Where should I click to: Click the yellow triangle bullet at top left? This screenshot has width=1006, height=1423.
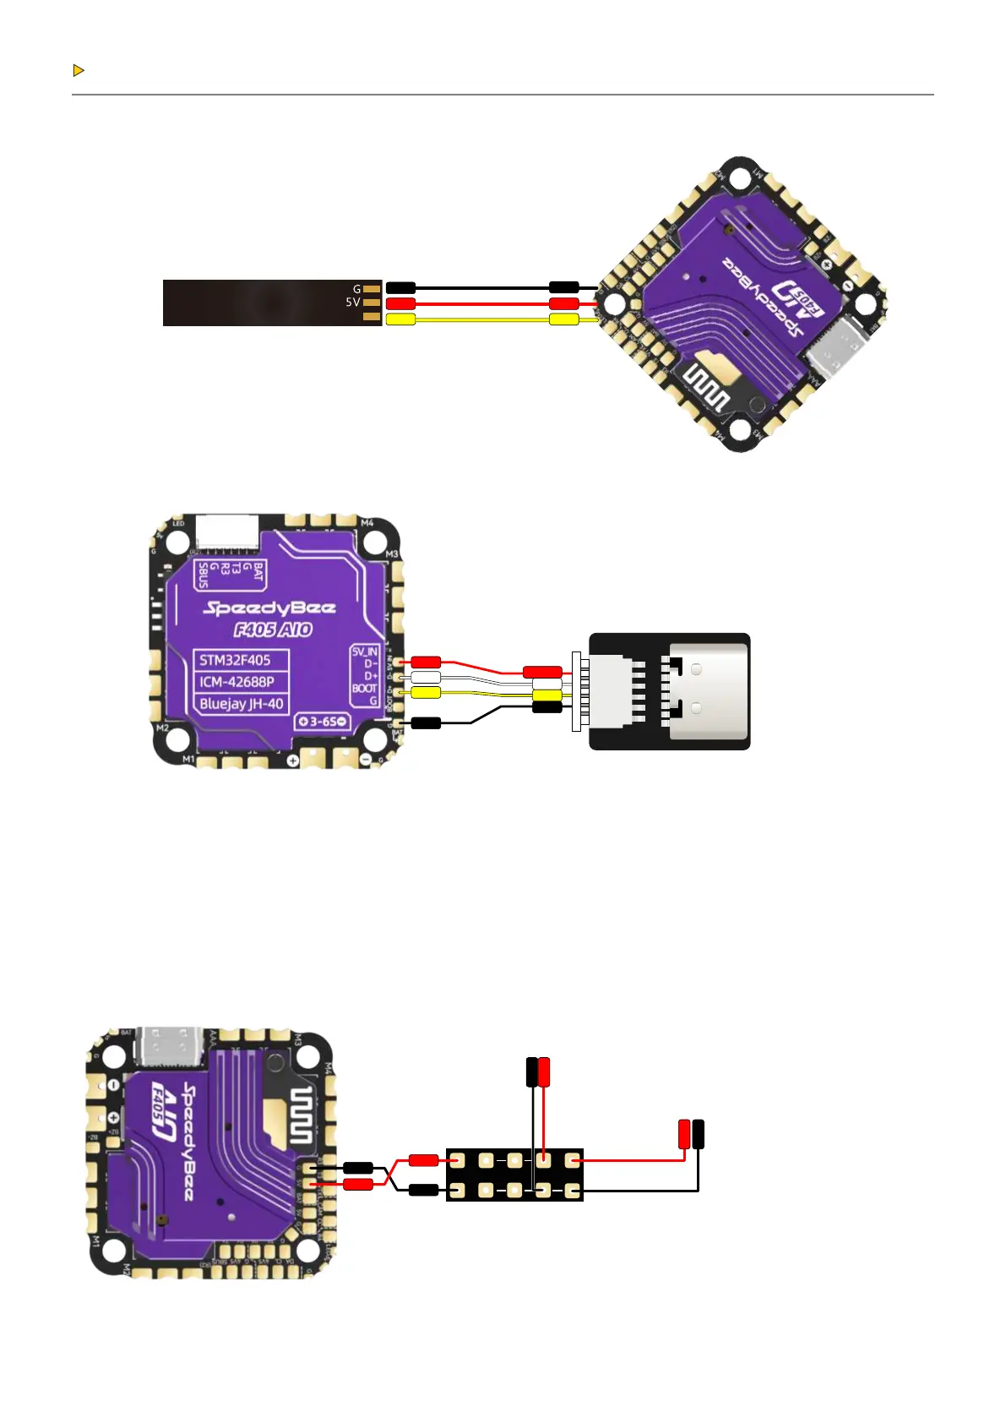click(78, 70)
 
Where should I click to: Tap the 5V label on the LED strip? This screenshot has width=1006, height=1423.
click(352, 302)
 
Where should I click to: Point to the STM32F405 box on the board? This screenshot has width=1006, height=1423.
click(235, 660)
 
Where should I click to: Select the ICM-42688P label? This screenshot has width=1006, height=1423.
click(237, 682)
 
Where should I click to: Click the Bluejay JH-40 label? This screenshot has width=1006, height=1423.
click(242, 704)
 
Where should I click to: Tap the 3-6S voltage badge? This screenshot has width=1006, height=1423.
click(323, 722)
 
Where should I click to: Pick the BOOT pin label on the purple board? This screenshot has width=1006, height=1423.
click(364, 689)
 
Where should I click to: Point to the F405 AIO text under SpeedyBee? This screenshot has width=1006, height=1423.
click(272, 630)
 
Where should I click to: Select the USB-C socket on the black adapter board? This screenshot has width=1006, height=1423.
click(708, 691)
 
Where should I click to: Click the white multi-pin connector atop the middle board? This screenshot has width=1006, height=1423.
click(226, 533)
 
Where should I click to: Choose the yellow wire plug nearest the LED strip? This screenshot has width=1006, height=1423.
click(400, 319)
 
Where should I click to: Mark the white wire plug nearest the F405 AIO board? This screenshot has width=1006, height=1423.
click(426, 677)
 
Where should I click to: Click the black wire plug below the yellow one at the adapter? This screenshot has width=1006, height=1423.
click(547, 707)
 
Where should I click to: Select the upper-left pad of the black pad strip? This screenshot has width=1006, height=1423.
click(457, 1160)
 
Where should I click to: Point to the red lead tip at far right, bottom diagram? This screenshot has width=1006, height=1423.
click(684, 1133)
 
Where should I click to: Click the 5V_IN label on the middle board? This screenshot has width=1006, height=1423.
click(365, 652)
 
